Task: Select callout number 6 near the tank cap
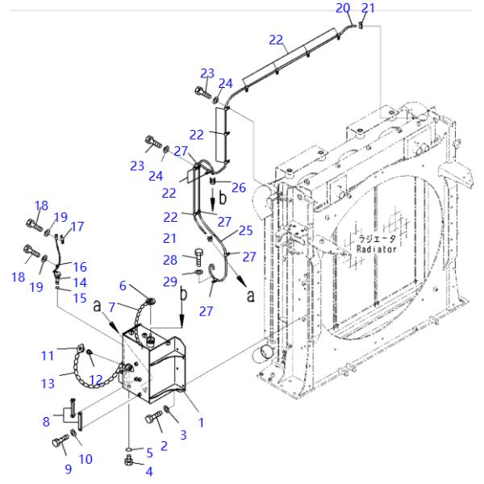[x=123, y=286]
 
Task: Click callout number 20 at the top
[x=342, y=7]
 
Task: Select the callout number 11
[x=48, y=353]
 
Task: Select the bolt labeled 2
[x=151, y=419]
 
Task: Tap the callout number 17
[x=77, y=227]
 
